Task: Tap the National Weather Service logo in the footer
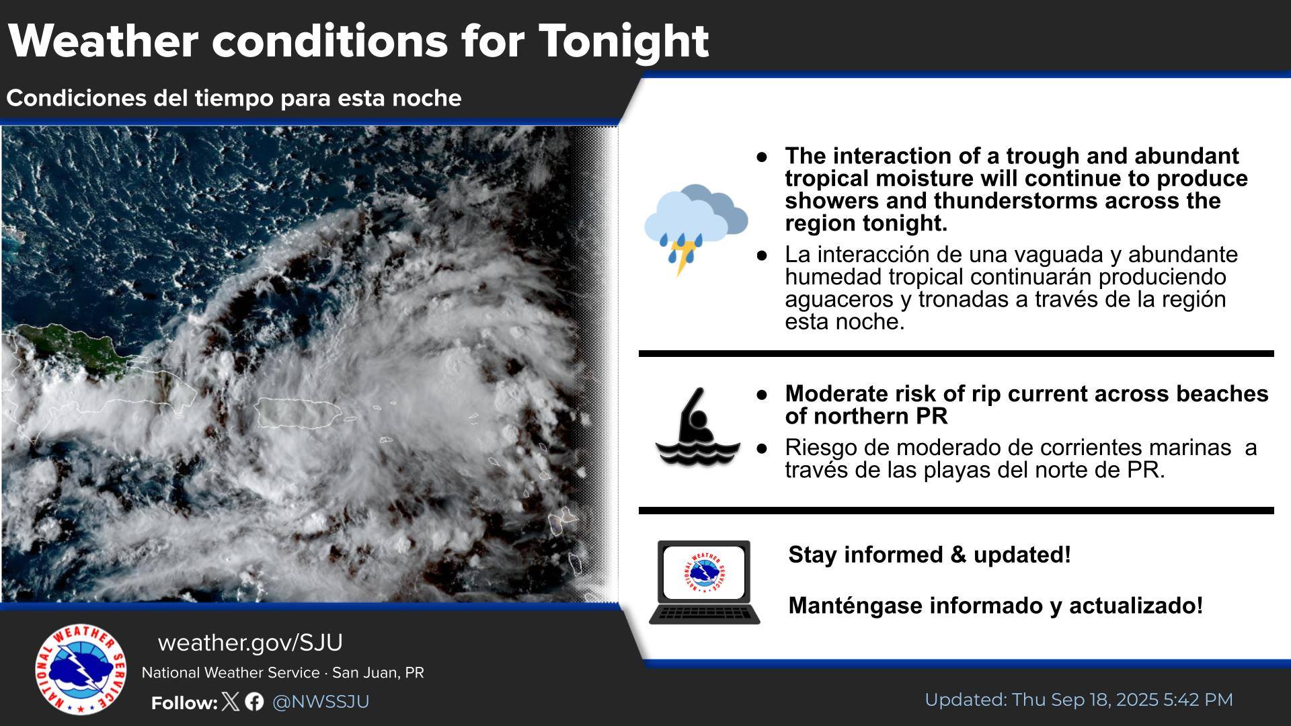point(80,669)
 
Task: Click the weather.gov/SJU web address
point(250,643)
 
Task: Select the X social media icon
point(230,702)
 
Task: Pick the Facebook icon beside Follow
point(254,702)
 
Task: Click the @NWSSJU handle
point(321,702)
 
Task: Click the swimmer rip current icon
point(698,426)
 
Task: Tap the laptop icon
point(704,582)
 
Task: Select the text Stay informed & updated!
point(929,555)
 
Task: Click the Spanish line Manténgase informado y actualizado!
point(995,606)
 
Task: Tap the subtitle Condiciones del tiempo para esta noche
point(234,98)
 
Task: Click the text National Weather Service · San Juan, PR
point(282,673)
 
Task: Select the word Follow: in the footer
point(184,703)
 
